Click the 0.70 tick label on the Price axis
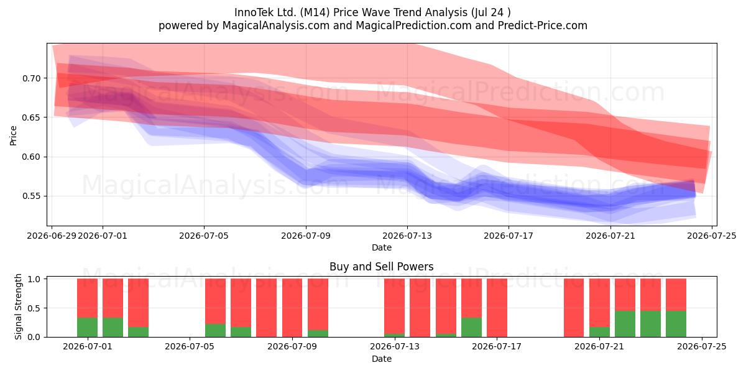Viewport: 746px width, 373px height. pyautogui.click(x=31, y=78)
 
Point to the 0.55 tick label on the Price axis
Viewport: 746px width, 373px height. pyautogui.click(x=31, y=196)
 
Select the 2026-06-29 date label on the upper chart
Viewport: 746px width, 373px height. pyautogui.click(x=52, y=236)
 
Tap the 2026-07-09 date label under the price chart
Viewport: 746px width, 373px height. pyautogui.click(x=306, y=236)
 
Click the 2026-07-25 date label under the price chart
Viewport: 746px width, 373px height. pyautogui.click(x=712, y=236)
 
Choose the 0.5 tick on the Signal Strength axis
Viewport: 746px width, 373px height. pyautogui.click(x=34, y=308)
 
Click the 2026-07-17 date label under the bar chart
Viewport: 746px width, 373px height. pyautogui.click(x=497, y=347)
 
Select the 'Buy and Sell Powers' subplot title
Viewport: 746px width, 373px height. pyautogui.click(x=381, y=267)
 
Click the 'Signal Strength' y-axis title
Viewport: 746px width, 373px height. pyautogui.click(x=18, y=306)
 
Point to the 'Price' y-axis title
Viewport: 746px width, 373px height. pyautogui.click(x=13, y=136)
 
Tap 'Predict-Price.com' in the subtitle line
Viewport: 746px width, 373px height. pyautogui.click(x=542, y=25)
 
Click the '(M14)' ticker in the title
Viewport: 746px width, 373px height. pyautogui.click(x=315, y=12)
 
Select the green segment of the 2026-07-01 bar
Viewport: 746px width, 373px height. pyautogui.click(x=87, y=328)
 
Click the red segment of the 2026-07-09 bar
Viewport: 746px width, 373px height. pyautogui.click(x=318, y=305)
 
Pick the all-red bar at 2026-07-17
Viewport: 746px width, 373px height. pyautogui.click(x=497, y=308)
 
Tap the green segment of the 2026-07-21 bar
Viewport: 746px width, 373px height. pyautogui.click(x=599, y=332)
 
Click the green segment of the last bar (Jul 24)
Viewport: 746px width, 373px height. pyautogui.click(x=676, y=324)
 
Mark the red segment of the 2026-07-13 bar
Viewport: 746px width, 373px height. pyautogui.click(x=394, y=306)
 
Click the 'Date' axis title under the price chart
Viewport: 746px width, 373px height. pyautogui.click(x=381, y=247)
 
